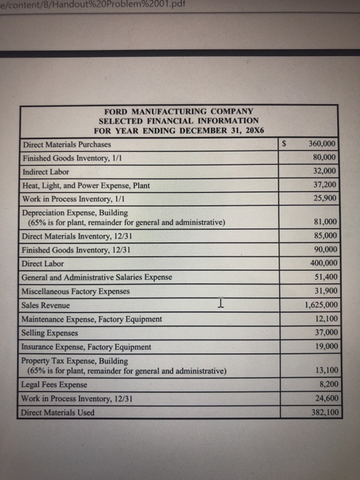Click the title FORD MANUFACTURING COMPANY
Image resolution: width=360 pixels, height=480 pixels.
[x=178, y=111]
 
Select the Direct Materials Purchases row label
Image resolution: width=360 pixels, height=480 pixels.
[x=67, y=145]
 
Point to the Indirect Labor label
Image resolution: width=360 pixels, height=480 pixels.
[x=47, y=171]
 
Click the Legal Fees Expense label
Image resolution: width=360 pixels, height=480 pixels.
[x=55, y=385]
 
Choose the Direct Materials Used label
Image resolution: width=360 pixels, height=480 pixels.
[x=59, y=412]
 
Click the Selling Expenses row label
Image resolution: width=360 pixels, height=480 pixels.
[x=50, y=332]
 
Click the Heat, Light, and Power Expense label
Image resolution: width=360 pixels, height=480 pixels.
[x=86, y=185]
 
